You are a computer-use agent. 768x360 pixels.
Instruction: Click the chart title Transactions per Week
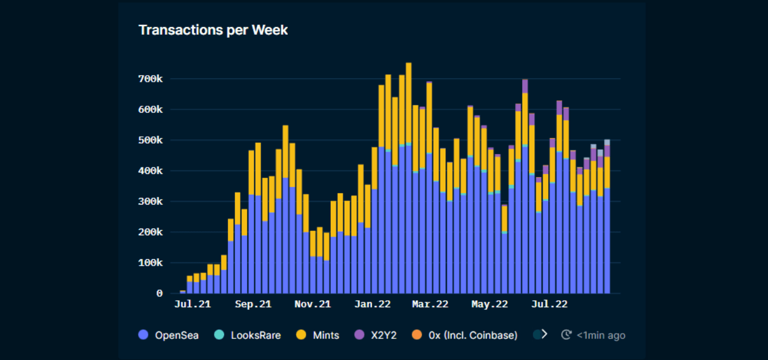[213, 30]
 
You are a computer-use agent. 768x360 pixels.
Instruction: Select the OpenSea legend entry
[169, 335]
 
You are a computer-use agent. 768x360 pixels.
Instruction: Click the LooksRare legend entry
[248, 335]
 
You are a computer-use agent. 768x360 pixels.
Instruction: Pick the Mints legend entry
[318, 335]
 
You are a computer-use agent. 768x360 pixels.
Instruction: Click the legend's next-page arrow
[544, 334]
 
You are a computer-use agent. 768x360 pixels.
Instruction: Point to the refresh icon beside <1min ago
[566, 335]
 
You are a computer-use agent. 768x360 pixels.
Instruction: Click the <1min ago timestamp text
[601, 335]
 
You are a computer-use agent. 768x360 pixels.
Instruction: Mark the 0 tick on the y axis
[160, 294]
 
